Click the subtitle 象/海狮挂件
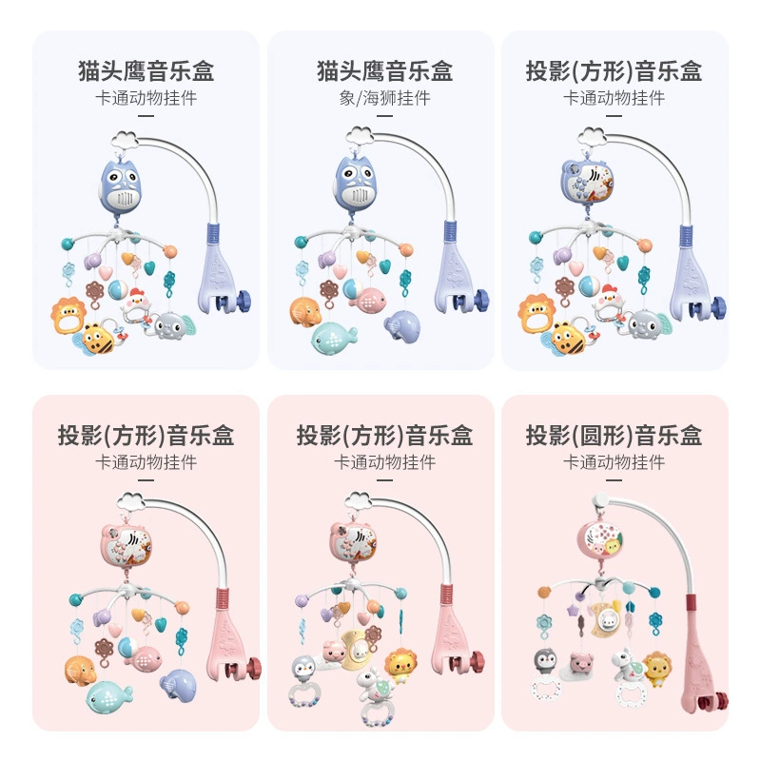384,98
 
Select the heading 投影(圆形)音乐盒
614,435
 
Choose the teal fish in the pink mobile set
108,696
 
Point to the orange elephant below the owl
305,311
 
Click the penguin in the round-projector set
546,661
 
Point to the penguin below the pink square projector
304,669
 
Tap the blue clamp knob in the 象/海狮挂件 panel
481,300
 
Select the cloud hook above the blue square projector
592,136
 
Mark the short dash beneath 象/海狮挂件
384,116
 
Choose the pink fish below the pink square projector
143,658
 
